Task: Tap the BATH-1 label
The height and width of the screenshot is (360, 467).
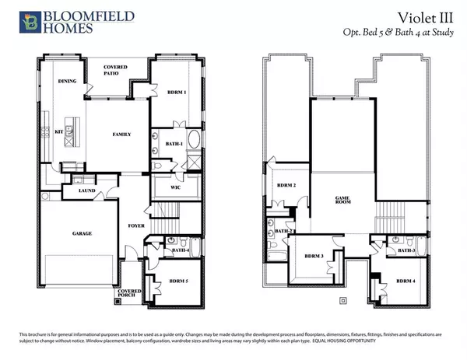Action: [x=174, y=145]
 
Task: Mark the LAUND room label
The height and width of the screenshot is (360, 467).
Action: [x=87, y=191]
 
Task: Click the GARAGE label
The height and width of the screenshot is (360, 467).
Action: [x=83, y=233]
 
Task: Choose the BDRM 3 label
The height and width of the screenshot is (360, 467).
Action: [x=314, y=256]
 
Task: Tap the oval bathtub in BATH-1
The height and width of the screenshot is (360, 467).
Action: [x=193, y=142]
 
